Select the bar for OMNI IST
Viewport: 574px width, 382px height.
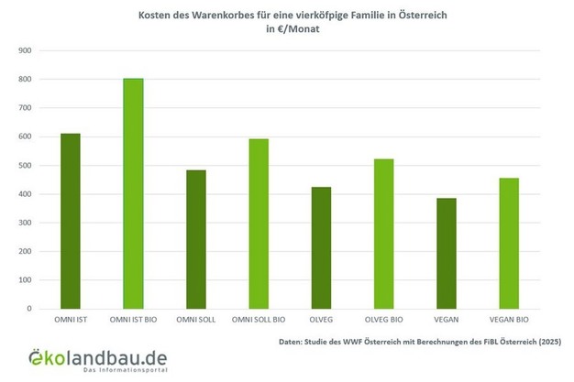click(71, 221)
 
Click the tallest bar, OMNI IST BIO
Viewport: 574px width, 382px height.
click(133, 193)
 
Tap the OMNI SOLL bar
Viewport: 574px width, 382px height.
click(195, 239)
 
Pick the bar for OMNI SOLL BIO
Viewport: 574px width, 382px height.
click(258, 224)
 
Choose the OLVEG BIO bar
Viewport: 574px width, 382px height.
click(383, 234)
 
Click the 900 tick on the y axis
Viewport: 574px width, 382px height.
click(25, 51)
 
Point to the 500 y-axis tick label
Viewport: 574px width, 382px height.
click(25, 166)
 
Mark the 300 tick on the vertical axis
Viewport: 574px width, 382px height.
click(25, 223)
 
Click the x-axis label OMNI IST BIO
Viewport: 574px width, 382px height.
click(133, 321)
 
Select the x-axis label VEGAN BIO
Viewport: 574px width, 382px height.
click(509, 321)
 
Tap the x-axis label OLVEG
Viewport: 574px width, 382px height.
click(321, 321)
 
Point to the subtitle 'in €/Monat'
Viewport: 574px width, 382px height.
click(288, 30)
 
